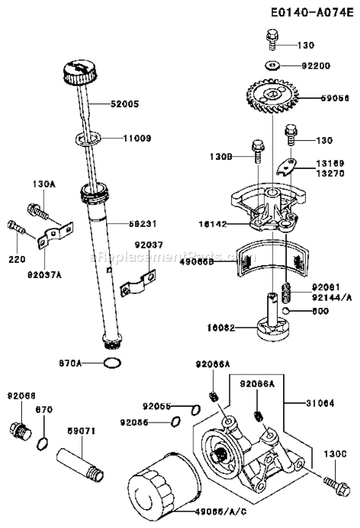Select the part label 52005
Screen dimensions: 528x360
tap(125, 104)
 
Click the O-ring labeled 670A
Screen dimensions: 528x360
tap(111, 364)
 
